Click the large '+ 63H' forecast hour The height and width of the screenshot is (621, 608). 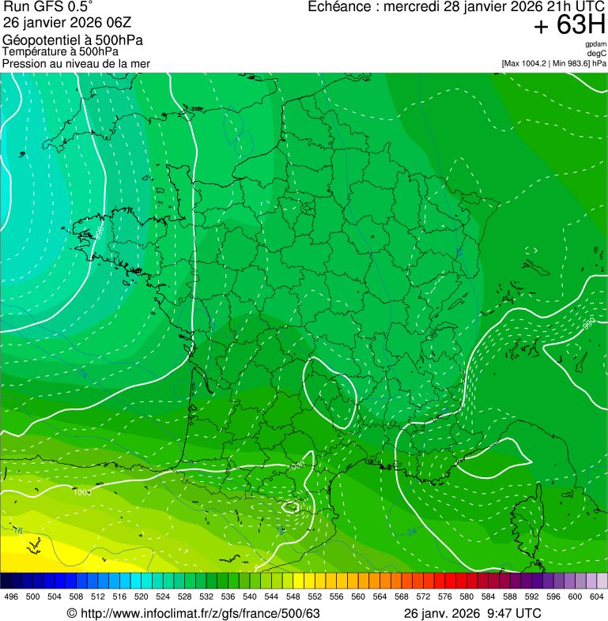569,25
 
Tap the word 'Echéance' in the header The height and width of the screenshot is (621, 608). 338,7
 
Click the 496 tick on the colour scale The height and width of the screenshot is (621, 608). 11,597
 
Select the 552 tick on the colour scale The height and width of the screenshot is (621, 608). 315,597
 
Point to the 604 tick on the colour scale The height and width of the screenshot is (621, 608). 597,597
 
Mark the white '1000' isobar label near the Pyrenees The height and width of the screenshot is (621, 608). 296,467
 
